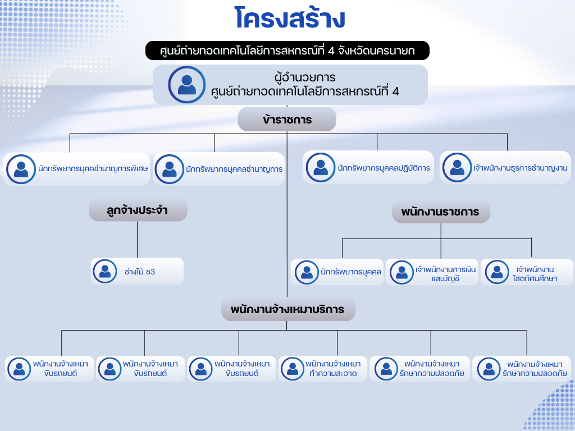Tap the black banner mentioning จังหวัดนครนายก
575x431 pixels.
[287, 51]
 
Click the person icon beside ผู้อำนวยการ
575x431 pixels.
[186, 84]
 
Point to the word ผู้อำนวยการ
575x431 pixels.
[305, 77]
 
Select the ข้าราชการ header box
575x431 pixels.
[287, 120]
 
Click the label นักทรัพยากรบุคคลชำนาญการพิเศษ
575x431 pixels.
[93, 168]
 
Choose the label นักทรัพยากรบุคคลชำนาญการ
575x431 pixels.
[234, 168]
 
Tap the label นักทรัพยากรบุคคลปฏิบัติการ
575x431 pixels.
[384, 168]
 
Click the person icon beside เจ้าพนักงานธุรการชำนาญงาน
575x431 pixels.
[457, 168]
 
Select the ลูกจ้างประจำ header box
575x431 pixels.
[138, 210]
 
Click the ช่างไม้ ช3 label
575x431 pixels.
[140, 272]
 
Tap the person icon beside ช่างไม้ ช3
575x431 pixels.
[105, 272]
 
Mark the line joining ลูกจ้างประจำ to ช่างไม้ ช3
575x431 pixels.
[138, 240]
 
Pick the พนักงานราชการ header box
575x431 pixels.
[440, 212]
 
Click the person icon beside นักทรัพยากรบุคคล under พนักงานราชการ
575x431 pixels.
[307, 272]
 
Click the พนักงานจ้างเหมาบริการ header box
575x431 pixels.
[287, 309]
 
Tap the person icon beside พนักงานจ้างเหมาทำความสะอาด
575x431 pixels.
[293, 369]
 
